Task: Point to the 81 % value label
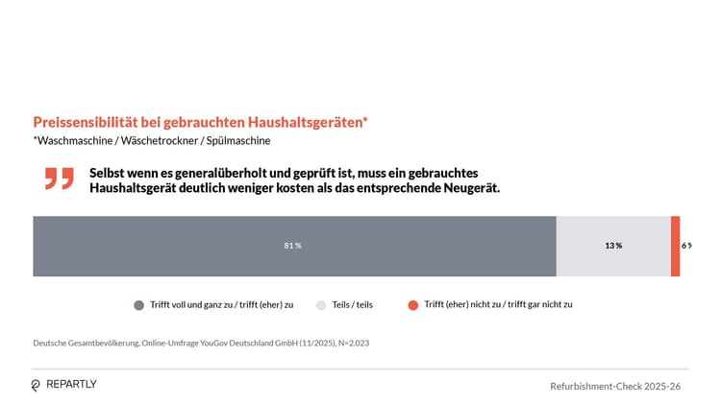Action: tap(293, 246)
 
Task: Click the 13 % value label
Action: tap(613, 246)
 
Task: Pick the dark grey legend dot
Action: tap(139, 305)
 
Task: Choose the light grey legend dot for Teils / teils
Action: tap(322, 305)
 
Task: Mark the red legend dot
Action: tap(412, 305)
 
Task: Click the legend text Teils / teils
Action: tap(353, 305)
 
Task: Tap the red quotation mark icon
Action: tap(59, 179)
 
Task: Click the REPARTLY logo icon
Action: tap(37, 385)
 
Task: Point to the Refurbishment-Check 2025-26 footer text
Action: tap(615, 386)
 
